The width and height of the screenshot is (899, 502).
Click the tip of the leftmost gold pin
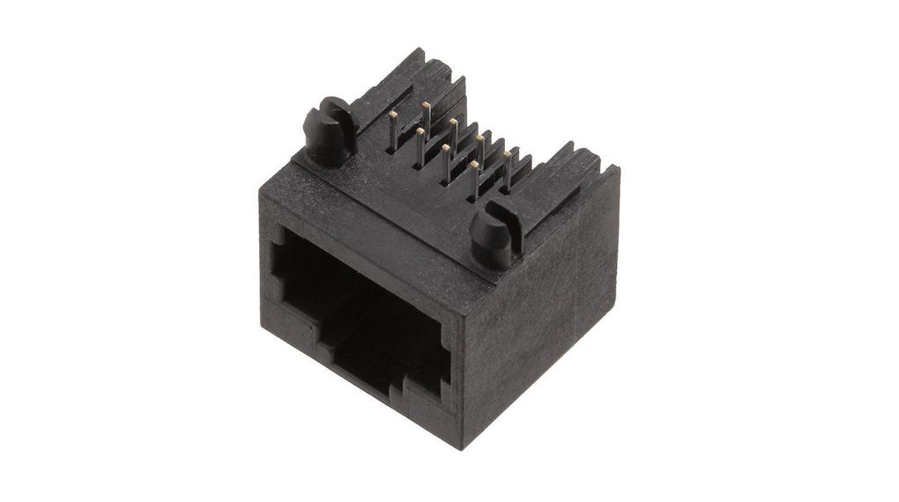pyautogui.click(x=391, y=114)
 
